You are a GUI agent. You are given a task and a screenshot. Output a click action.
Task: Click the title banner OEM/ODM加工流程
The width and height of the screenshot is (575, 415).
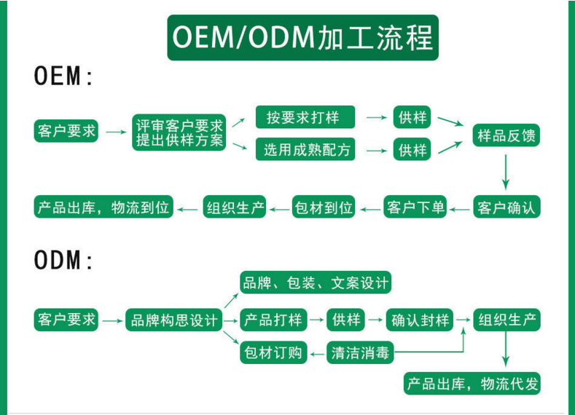[302, 37]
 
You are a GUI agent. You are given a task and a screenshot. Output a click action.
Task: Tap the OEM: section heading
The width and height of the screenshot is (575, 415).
[64, 76]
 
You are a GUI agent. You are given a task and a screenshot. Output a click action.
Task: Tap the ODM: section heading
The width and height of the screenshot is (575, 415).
[64, 261]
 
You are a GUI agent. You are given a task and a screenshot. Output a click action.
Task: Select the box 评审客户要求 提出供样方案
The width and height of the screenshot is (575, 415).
[179, 133]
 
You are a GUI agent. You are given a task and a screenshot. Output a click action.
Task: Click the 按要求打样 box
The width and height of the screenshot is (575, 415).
[306, 117]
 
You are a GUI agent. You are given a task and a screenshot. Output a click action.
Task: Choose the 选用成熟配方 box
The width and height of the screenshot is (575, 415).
[306, 150]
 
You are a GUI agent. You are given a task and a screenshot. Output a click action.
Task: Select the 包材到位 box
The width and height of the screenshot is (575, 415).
[324, 207]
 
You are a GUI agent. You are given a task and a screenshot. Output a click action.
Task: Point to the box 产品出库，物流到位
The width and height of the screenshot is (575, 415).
[103, 207]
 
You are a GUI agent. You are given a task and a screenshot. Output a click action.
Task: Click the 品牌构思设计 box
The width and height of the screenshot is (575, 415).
[173, 320]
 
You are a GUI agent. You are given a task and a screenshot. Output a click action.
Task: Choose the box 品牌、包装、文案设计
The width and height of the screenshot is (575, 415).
[316, 282]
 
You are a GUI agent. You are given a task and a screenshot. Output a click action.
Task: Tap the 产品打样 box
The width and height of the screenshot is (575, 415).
[273, 320]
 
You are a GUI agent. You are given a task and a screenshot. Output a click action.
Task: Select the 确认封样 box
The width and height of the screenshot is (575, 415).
[420, 320]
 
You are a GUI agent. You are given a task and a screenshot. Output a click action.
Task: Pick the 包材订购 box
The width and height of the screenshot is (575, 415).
[273, 354]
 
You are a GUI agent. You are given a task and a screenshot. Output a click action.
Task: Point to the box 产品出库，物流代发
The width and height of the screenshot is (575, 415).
[473, 384]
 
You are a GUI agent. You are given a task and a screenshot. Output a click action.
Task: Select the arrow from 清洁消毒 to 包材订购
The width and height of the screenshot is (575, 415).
[316, 354]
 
